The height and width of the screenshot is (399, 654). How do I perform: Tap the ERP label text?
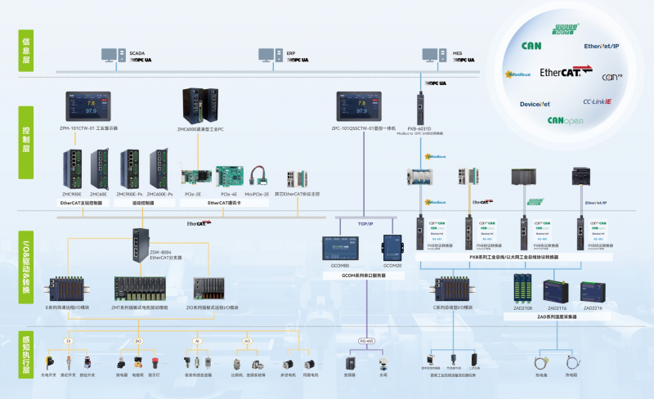tap(290, 52)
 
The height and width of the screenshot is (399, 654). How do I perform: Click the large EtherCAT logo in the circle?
tap(560, 73)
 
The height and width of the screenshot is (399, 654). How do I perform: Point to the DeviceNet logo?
tap(535, 105)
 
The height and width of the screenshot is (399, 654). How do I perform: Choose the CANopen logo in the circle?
tap(565, 121)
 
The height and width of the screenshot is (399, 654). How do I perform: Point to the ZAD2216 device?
tap(594, 289)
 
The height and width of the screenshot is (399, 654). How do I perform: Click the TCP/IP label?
tap(365, 222)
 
